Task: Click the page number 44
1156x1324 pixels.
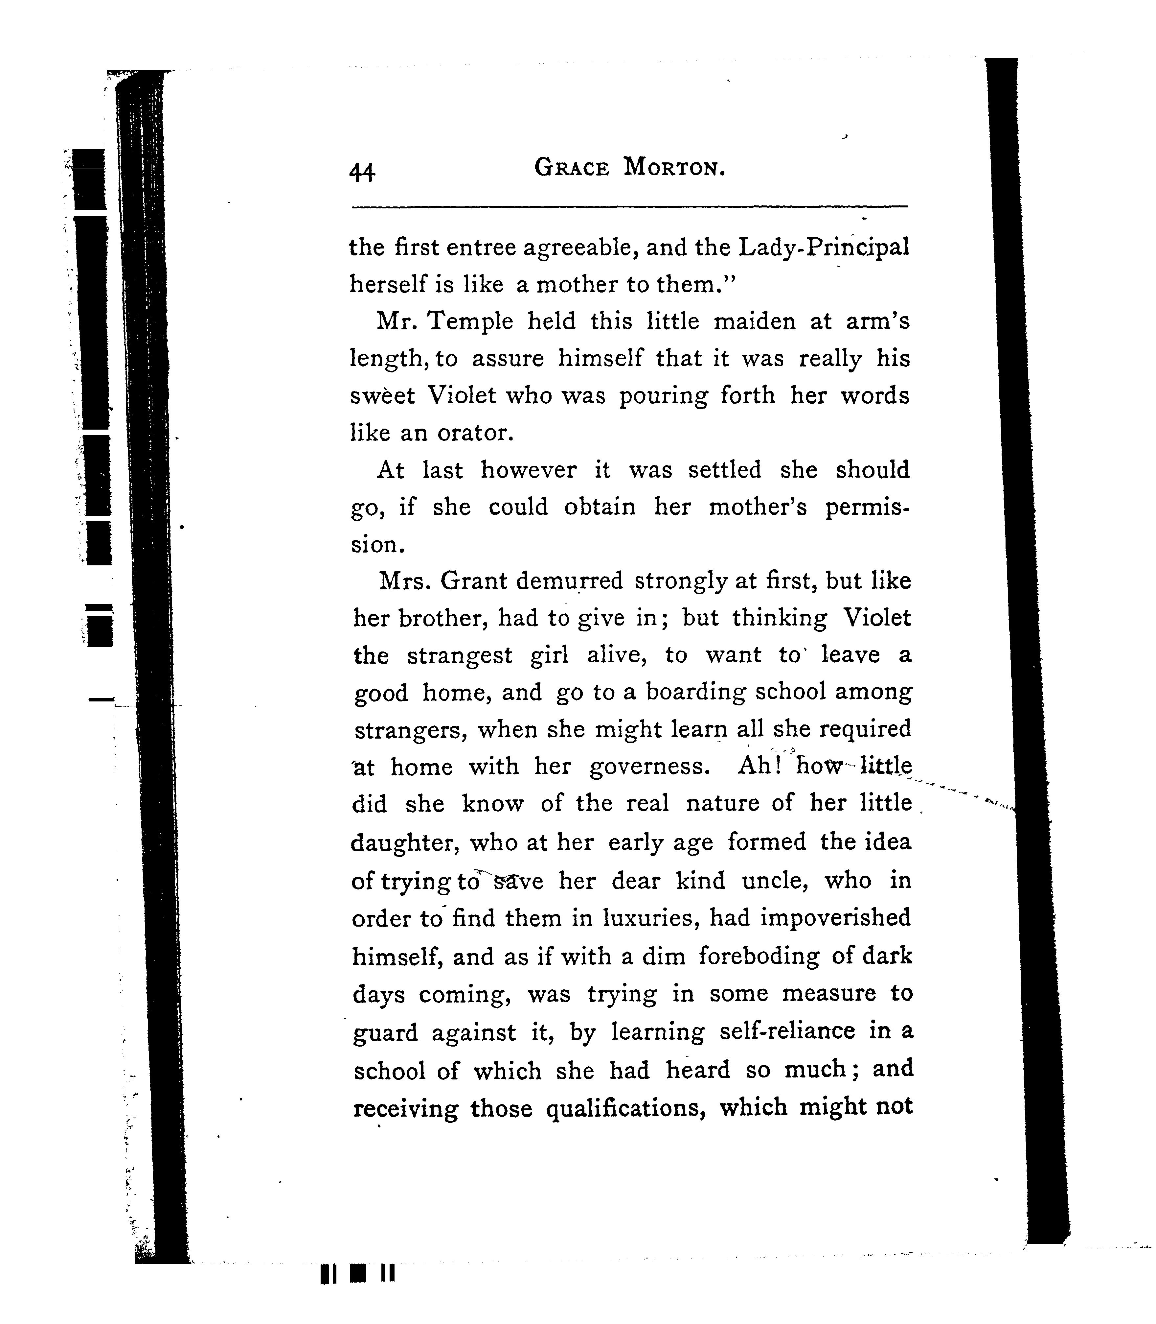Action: coord(362,172)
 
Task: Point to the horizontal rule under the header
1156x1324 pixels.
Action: coord(630,207)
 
